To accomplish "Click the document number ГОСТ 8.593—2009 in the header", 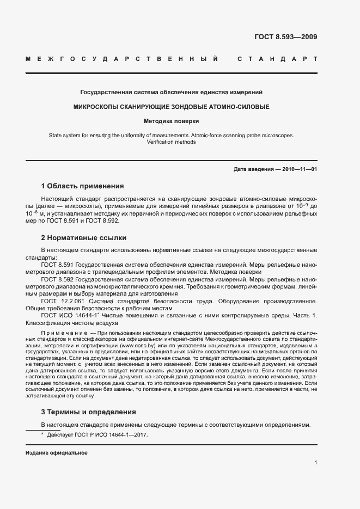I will [x=285, y=38].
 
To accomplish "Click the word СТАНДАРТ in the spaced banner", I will [x=277, y=58].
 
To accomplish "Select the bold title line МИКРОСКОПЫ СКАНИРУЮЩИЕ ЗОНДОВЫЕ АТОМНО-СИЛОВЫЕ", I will [x=172, y=107].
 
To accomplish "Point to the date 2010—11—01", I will [x=298, y=169].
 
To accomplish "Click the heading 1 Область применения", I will [x=82, y=186].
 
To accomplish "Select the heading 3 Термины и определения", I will [x=88, y=412].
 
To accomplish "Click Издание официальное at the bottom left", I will [x=56, y=453].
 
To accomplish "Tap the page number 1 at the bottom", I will [x=315, y=463].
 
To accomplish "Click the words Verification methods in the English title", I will [x=171, y=142].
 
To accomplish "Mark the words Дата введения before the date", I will [x=253, y=169].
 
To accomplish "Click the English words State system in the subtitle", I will [x=64, y=135].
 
